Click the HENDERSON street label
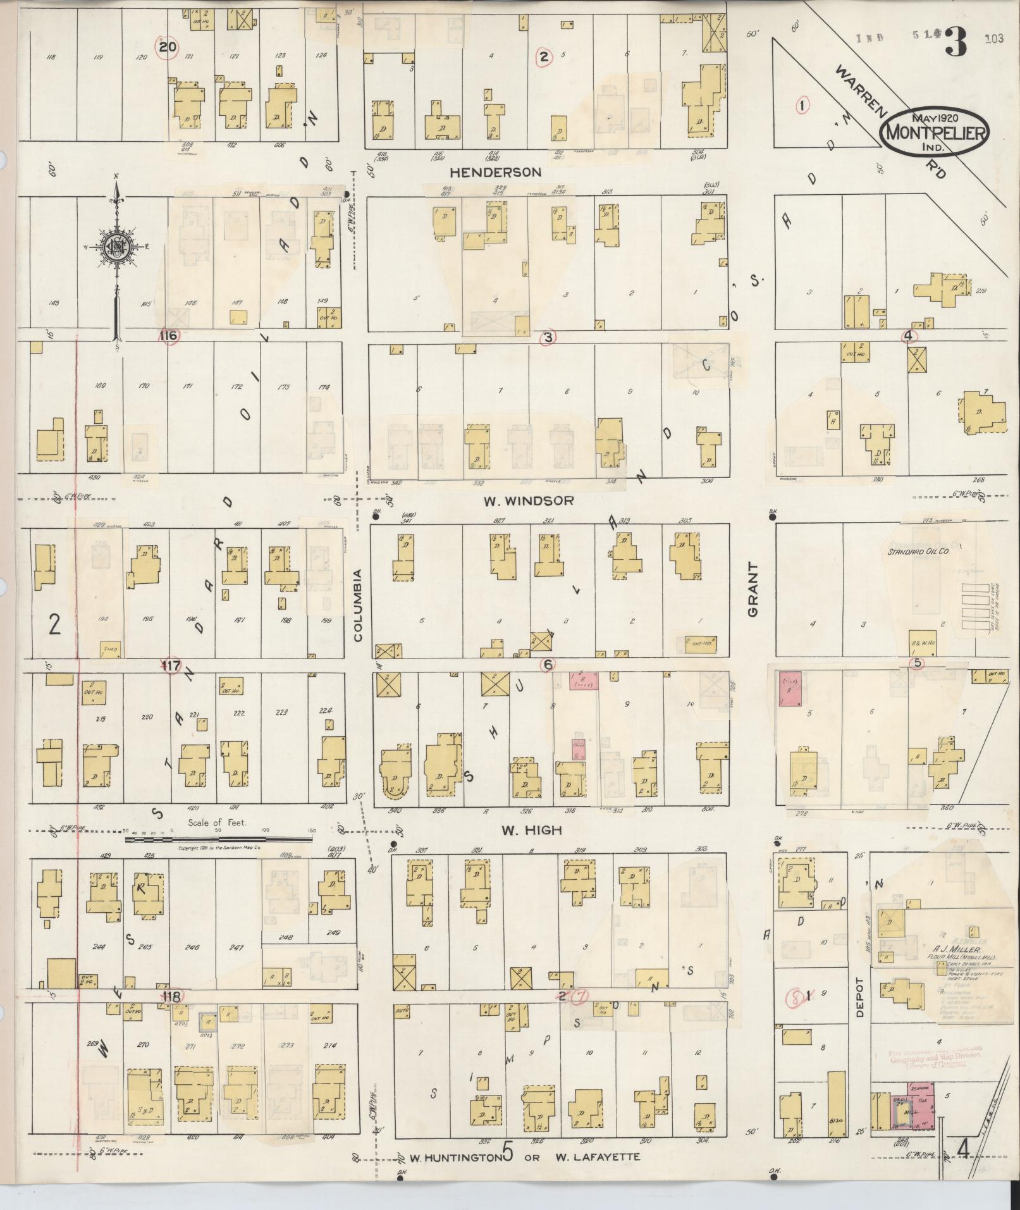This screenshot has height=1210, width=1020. click(x=495, y=172)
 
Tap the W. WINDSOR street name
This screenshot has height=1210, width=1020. click(x=529, y=500)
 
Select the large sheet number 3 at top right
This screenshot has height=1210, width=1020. click(x=957, y=42)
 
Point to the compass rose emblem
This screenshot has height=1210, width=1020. click(x=116, y=247)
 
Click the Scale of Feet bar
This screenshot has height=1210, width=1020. click(x=218, y=839)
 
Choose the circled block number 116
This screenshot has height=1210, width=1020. click(x=169, y=336)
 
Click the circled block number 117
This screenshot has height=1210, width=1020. click(x=171, y=666)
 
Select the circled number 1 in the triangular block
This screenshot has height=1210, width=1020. click(x=802, y=106)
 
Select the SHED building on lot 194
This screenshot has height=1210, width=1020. click(x=111, y=649)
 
